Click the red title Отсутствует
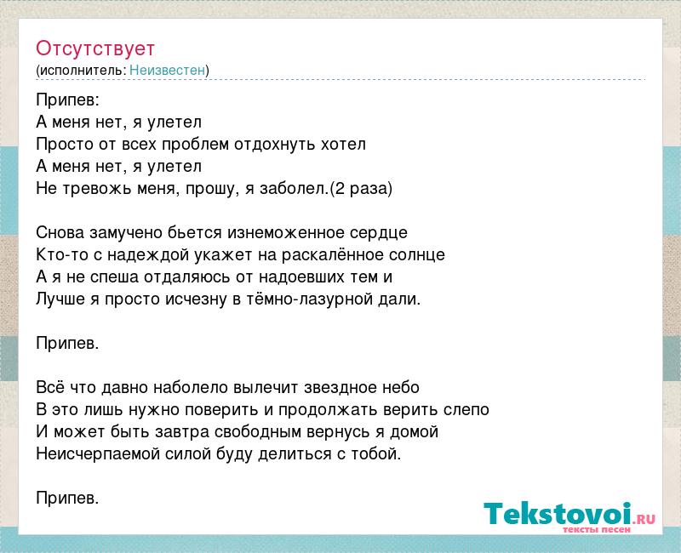95,48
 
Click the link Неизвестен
167,70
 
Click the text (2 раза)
361,188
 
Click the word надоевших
300,277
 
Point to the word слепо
466,410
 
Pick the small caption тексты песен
597,529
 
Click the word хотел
343,144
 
